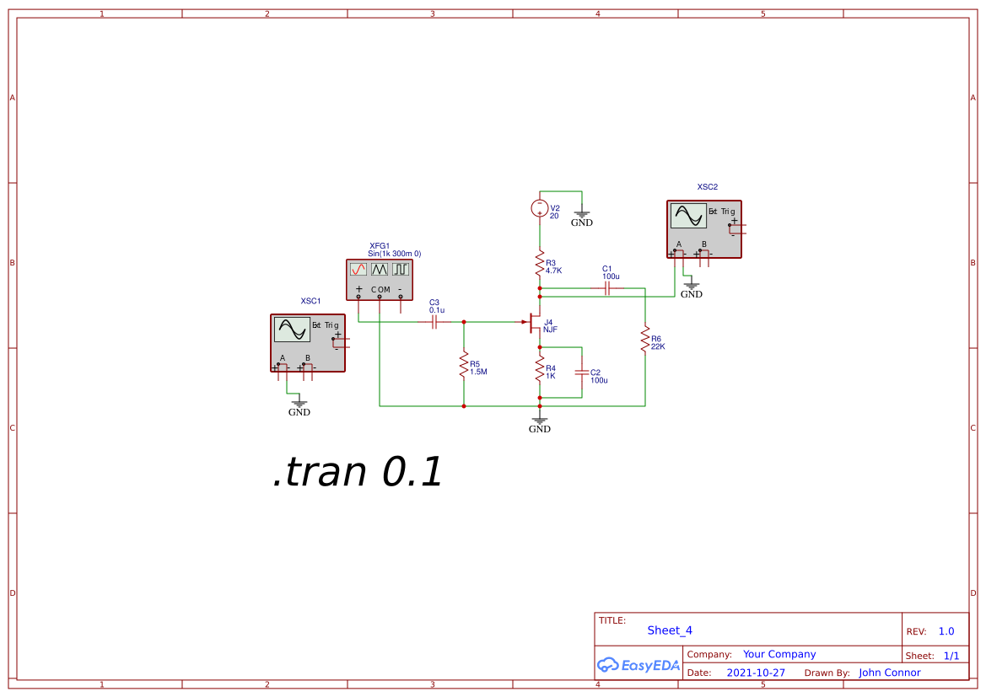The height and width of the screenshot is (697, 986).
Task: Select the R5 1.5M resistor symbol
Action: tap(464, 366)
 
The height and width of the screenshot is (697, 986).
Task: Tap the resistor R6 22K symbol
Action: tap(645, 340)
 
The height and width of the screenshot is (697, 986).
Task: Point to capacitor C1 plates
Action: tap(607, 288)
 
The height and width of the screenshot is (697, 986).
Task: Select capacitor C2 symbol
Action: tap(581, 371)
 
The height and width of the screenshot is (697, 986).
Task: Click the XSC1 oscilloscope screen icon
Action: tap(292, 330)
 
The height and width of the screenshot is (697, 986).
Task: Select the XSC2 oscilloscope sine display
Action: tap(688, 216)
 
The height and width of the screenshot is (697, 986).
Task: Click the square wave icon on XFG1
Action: tap(400, 269)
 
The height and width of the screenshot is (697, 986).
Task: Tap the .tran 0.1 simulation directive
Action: tap(357, 473)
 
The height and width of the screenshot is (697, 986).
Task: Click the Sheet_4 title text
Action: tap(670, 630)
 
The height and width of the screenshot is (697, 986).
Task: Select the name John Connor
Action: tap(890, 673)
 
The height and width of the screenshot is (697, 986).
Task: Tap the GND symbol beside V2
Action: tap(582, 217)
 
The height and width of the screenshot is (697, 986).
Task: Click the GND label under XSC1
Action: tap(299, 412)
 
